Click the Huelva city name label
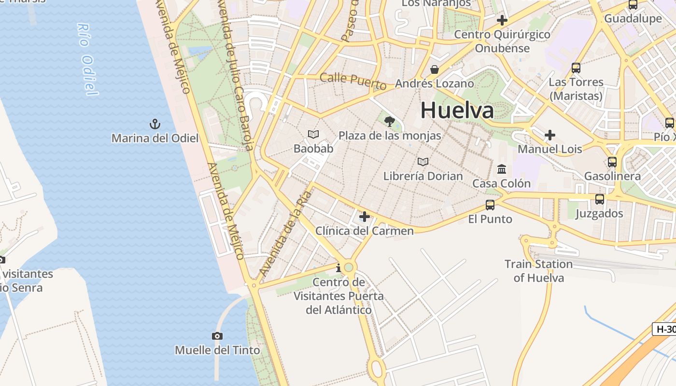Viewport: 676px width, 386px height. pyautogui.click(x=457, y=110)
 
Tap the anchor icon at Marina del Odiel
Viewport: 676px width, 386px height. pyautogui.click(x=155, y=124)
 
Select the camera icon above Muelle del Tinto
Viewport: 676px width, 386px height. pyautogui.click(x=217, y=336)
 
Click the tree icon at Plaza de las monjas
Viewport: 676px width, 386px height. pyautogui.click(x=389, y=121)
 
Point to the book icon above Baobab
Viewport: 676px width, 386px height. pyautogui.click(x=313, y=134)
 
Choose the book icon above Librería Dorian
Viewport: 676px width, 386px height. pyautogui.click(x=423, y=162)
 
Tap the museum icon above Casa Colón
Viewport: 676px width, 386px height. pyautogui.click(x=502, y=169)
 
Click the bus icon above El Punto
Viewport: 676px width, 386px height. pyautogui.click(x=490, y=205)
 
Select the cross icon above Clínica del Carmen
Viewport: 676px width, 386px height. pyautogui.click(x=365, y=217)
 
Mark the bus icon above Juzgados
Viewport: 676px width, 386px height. pyautogui.click(x=600, y=199)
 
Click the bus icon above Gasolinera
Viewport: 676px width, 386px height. pyautogui.click(x=612, y=162)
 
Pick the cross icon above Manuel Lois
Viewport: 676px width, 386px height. pyautogui.click(x=550, y=135)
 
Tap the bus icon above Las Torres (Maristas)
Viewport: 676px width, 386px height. pyautogui.click(x=576, y=68)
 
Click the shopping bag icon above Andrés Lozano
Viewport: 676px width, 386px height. pyautogui.click(x=435, y=69)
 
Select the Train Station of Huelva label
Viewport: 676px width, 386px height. pyautogui.click(x=538, y=271)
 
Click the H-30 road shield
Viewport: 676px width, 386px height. pyautogui.click(x=665, y=330)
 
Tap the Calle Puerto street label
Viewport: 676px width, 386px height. pyautogui.click(x=353, y=81)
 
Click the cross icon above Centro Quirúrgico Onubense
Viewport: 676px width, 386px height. pyautogui.click(x=502, y=20)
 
